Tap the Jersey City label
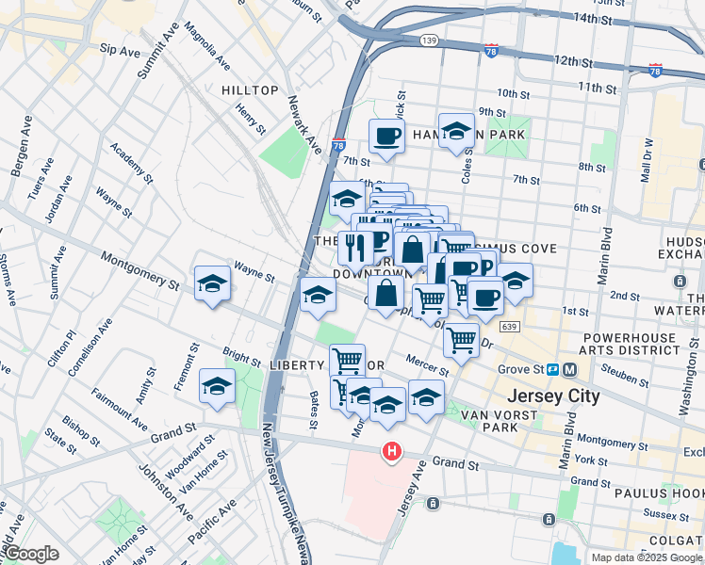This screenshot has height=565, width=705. pos(552,395)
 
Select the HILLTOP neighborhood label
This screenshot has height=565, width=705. pos(250,90)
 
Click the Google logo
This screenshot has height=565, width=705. pos(30,554)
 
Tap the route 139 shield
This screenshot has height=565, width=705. pos(430,40)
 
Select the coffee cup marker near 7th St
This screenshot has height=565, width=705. pos(386,137)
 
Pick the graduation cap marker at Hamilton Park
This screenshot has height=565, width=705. pos(457,132)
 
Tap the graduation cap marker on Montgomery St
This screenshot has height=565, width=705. pos(213,283)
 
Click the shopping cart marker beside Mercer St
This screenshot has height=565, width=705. pos(461,339)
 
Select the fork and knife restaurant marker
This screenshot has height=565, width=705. pos(355,248)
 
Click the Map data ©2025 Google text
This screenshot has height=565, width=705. pos(646,557)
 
